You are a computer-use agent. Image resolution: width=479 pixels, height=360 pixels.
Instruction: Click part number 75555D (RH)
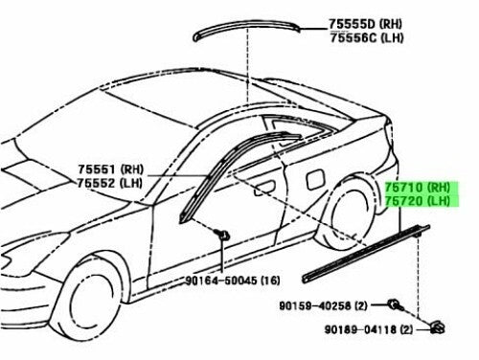(x=366, y=24)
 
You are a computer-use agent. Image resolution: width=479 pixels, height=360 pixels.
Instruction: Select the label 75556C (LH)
(x=367, y=38)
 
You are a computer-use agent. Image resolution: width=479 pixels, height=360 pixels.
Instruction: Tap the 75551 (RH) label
(x=111, y=169)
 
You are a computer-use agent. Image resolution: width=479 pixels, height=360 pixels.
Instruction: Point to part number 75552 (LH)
(x=109, y=183)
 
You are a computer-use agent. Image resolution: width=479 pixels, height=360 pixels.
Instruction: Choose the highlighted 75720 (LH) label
(x=422, y=201)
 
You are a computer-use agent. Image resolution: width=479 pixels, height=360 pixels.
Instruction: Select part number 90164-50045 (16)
(x=233, y=281)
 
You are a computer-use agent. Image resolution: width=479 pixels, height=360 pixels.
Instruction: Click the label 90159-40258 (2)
(x=324, y=305)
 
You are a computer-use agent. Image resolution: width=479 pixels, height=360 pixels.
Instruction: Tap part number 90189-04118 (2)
(x=369, y=329)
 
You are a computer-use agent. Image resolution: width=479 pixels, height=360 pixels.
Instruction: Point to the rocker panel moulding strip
(x=366, y=254)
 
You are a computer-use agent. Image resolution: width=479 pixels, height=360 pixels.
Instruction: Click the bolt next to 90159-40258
(x=396, y=305)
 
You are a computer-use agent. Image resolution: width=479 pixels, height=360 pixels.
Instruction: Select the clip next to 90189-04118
(x=438, y=327)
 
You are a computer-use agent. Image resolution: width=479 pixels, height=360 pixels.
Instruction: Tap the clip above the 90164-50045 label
(x=222, y=235)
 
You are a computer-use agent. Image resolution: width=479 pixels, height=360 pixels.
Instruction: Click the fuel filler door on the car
(x=315, y=179)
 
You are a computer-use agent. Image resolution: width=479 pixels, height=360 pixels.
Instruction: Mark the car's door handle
(x=264, y=189)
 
